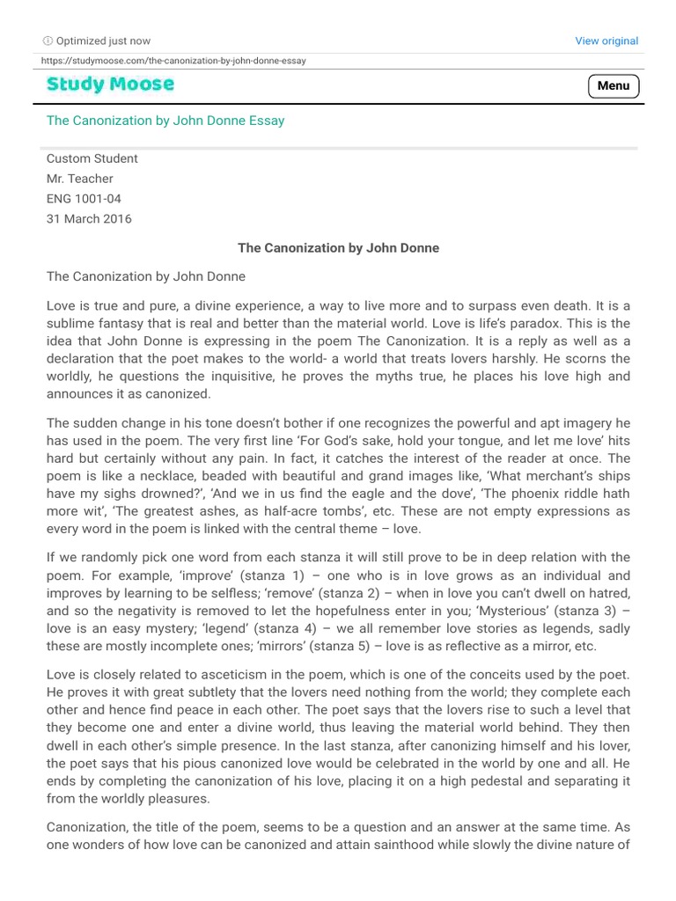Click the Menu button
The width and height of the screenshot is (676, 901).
614,85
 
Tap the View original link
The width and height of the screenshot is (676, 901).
606,40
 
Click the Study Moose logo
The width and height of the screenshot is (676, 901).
110,84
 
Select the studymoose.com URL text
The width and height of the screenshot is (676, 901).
174,61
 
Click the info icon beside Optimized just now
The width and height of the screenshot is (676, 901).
48,40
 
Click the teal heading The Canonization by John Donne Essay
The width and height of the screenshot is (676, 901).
165,121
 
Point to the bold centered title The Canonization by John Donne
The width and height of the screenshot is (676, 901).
338,248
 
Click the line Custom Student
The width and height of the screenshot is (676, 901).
92,158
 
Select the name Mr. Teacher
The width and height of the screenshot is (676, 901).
79,179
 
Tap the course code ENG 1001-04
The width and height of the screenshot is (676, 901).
84,199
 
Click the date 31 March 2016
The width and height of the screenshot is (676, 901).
89,219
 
